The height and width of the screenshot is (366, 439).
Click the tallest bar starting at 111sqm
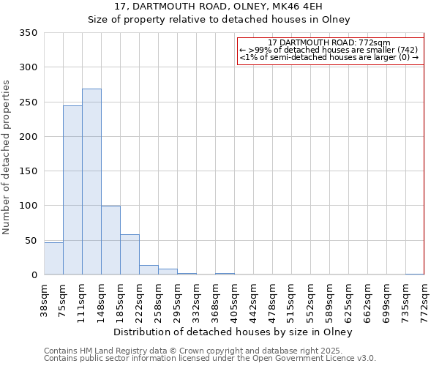[91, 182]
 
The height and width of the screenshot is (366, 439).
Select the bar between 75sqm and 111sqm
[72, 190]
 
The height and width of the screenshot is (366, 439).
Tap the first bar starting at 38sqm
[53, 258]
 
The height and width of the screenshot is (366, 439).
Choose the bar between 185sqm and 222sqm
[130, 255]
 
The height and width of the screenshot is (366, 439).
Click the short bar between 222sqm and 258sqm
[149, 270]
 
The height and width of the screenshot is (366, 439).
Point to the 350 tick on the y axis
[29, 33]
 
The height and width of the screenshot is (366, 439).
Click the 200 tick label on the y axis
[29, 137]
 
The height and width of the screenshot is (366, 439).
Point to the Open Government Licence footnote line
[209, 359]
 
